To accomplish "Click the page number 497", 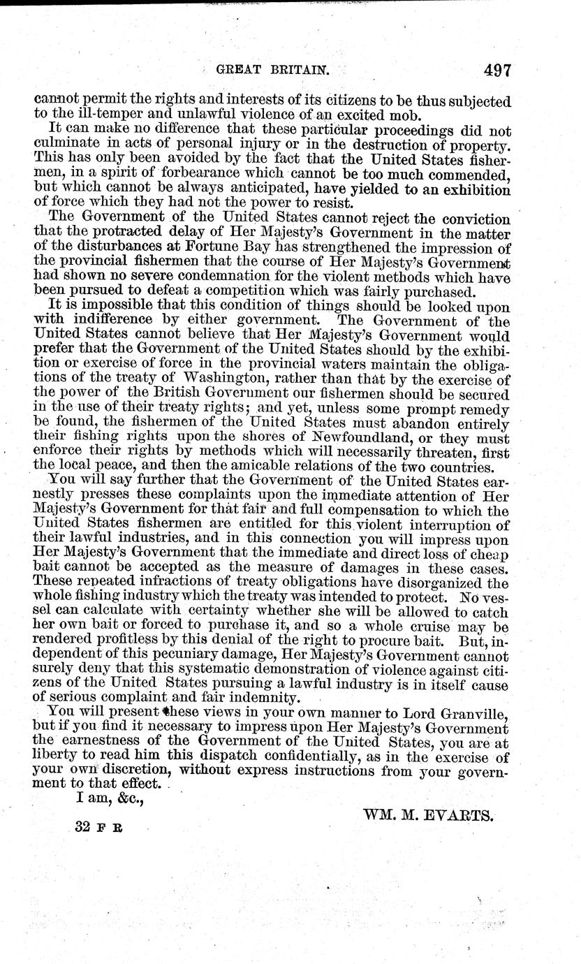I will click(x=491, y=71).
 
